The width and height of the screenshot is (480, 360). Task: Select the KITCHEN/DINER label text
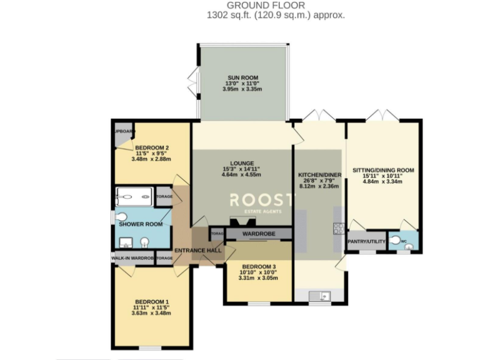tap(318, 174)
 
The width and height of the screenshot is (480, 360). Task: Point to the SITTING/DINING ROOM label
tap(383, 170)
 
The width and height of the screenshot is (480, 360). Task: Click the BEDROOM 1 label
tap(150, 302)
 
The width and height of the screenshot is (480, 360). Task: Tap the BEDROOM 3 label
tap(258, 267)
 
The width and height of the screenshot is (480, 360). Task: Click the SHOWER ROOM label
tap(141, 224)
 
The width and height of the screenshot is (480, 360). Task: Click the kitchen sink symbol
tap(319, 295)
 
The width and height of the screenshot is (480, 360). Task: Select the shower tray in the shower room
tap(134, 197)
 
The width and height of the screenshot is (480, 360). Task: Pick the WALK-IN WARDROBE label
tap(132, 257)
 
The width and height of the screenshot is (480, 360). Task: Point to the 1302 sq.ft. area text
tap(276, 16)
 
